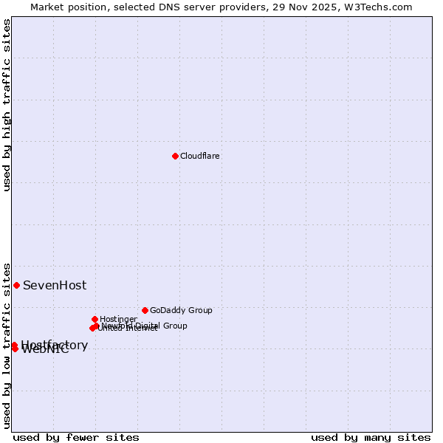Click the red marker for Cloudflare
tap(175, 156)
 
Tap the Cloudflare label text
tap(200, 157)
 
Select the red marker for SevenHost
tap(16, 285)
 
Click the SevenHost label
tap(55, 286)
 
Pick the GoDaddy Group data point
tap(145, 310)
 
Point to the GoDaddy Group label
tap(181, 311)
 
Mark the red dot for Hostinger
tap(95, 319)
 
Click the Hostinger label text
tap(118, 320)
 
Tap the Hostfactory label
tap(55, 345)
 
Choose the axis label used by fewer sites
tap(76, 437)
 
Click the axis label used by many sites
tap(371, 437)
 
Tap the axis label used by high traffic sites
tap(7, 105)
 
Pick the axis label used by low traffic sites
tap(7, 345)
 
